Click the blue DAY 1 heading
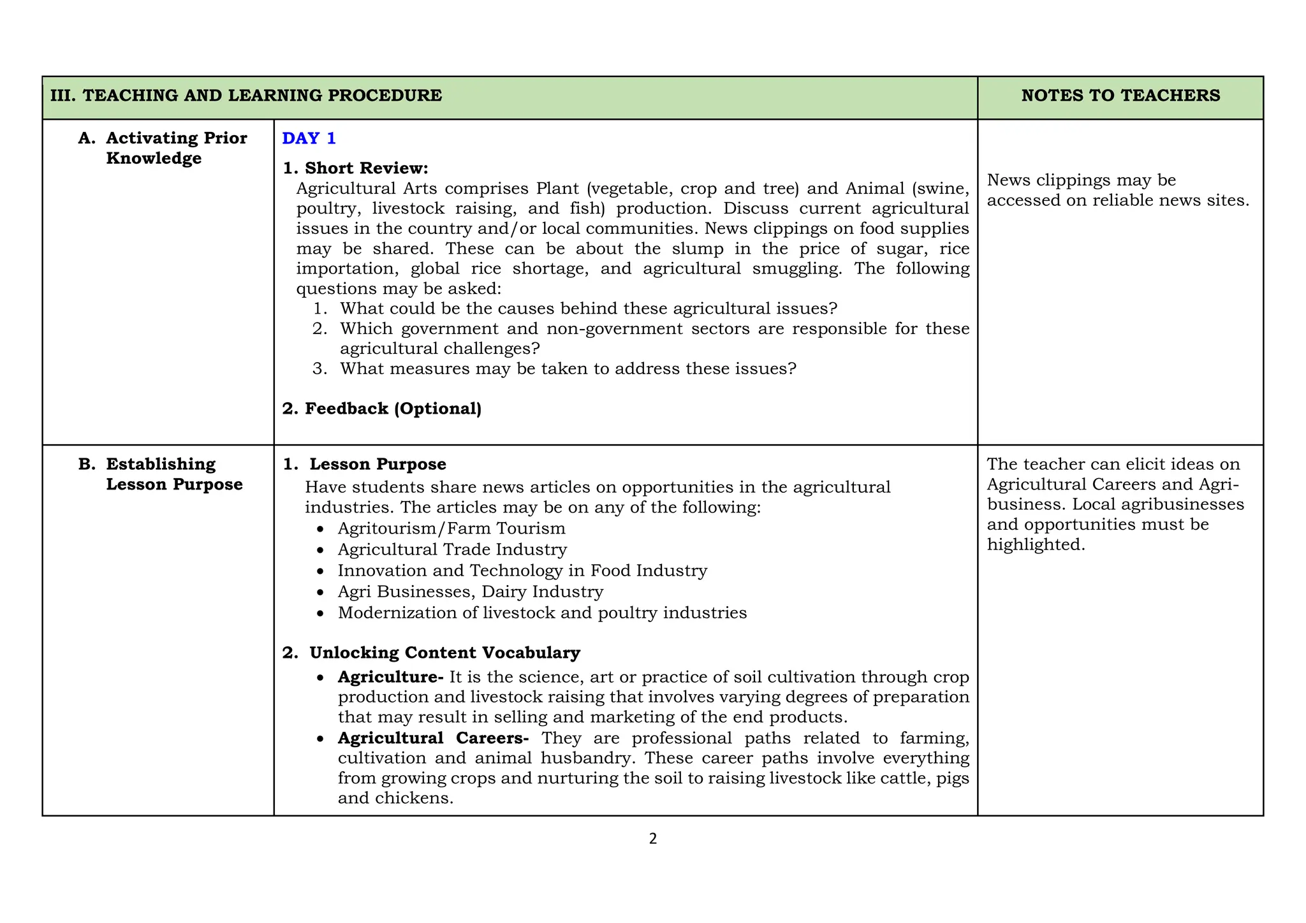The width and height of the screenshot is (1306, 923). tap(309, 138)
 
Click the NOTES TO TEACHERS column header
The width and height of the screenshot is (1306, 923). tap(1120, 96)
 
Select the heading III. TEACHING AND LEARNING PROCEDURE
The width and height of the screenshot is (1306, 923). tap(246, 96)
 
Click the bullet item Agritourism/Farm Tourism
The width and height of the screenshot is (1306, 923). tap(451, 528)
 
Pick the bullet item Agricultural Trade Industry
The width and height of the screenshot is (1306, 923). tap(452, 549)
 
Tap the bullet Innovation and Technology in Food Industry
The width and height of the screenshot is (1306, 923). tap(522, 571)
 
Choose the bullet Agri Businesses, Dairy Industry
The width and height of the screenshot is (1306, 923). tap(470, 592)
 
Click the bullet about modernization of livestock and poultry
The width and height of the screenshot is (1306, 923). tap(542, 613)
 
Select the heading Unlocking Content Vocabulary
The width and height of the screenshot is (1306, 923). tap(444, 653)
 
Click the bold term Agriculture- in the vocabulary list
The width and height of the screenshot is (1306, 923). tap(390, 676)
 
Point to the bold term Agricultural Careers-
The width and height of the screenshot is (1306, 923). tap(433, 738)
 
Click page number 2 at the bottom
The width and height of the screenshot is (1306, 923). tap(652, 839)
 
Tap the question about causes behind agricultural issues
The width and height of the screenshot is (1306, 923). tap(588, 309)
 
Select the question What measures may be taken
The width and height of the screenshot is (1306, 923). tap(568, 368)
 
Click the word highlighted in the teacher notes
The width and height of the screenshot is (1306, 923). tap(1035, 545)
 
